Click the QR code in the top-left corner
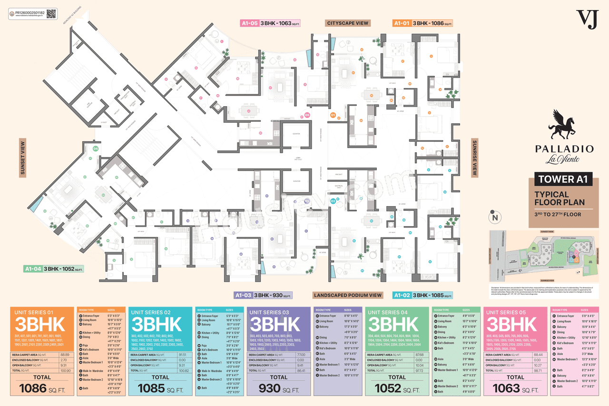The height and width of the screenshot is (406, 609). pos(51,13)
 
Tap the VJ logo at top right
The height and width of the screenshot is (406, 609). pos(587,19)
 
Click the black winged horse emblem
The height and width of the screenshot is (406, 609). pos(564,126)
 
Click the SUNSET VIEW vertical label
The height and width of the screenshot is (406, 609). pos(22,158)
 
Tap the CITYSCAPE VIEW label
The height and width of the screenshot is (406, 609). pos(348,23)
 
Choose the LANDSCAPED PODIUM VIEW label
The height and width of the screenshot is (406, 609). pos(348,295)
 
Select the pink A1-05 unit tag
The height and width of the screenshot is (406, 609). pos(249,23)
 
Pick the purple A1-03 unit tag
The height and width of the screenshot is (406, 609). pos(243,295)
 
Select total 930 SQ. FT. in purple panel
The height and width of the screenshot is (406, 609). pos(279,388)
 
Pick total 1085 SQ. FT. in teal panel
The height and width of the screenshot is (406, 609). pos(160,388)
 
